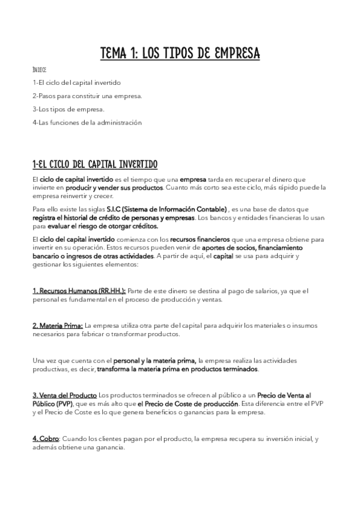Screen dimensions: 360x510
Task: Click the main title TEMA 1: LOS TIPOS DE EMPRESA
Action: click(x=180, y=54)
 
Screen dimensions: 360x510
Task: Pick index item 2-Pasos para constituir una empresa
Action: click(x=87, y=96)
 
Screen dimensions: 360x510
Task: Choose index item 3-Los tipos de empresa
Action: click(x=69, y=109)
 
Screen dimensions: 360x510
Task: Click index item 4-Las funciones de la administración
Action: click(x=87, y=122)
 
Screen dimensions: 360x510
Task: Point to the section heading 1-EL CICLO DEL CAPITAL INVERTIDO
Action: click(x=95, y=164)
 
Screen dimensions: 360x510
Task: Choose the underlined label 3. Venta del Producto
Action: click(x=64, y=395)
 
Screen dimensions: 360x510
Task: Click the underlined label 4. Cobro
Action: click(x=45, y=438)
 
